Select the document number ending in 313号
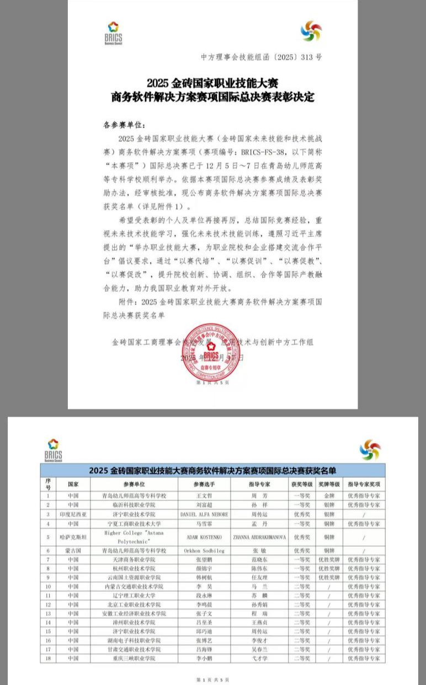(x=260, y=57)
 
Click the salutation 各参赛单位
(x=119, y=125)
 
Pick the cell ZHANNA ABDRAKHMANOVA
(x=259, y=537)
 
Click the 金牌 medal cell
(x=329, y=495)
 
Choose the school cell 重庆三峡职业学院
(x=134, y=658)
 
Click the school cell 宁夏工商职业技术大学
(x=134, y=523)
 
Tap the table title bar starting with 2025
(x=212, y=471)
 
